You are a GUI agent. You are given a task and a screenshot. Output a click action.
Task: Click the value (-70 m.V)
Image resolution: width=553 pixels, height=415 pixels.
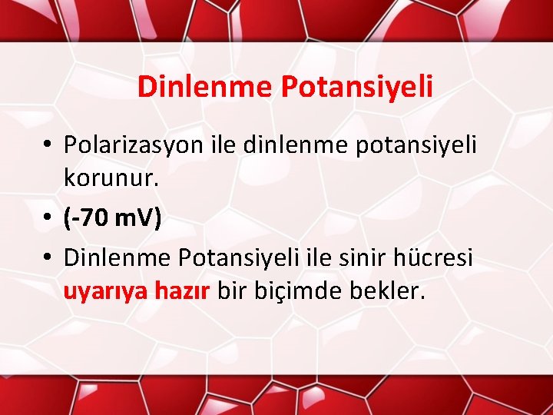click(x=113, y=220)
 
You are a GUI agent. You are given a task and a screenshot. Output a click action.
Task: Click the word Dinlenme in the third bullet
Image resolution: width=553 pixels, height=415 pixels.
click(x=117, y=257)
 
